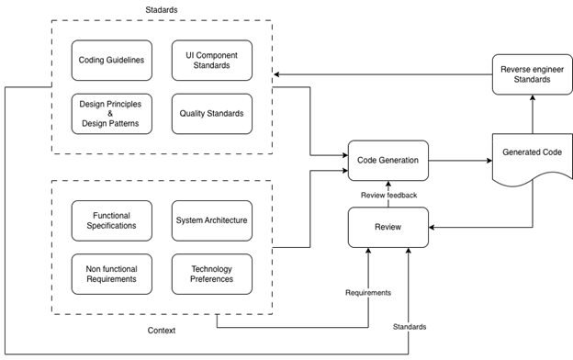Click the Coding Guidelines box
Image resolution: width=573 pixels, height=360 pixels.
point(110,60)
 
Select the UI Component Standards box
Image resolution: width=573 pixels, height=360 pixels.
point(210,60)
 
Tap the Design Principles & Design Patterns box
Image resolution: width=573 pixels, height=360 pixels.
point(110,113)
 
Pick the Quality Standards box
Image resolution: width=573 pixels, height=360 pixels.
point(210,113)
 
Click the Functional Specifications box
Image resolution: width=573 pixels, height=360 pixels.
point(110,219)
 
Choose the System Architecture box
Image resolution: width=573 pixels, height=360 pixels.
point(210,219)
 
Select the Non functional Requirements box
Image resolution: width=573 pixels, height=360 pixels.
point(110,273)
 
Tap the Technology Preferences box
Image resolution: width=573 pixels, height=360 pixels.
point(210,273)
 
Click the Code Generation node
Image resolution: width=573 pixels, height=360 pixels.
point(388,161)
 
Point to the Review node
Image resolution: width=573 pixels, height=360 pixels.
point(388,227)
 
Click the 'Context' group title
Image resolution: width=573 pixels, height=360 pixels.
point(162,330)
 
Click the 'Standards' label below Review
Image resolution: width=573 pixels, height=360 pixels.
point(410,325)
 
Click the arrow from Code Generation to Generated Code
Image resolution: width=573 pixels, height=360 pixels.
point(459,161)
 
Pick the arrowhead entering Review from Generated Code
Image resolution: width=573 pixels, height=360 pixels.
point(433,227)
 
